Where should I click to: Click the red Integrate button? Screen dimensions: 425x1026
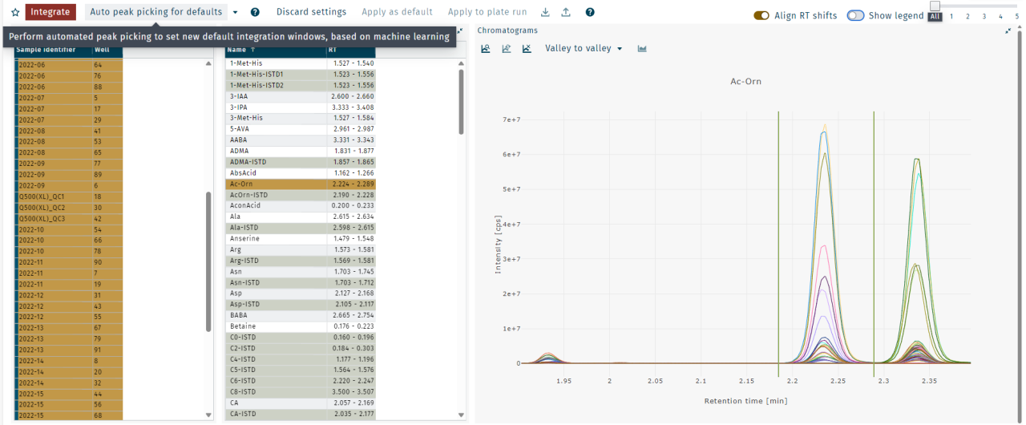(50, 12)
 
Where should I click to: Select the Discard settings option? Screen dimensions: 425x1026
(311, 12)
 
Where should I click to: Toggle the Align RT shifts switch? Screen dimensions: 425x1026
(761, 16)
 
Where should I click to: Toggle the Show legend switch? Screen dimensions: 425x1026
(855, 16)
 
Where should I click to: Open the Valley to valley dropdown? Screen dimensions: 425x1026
(584, 49)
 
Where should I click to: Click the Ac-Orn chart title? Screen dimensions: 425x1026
(745, 82)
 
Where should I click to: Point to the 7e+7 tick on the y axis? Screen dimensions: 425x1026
(511, 120)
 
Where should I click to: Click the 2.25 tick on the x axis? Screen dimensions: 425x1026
(838, 381)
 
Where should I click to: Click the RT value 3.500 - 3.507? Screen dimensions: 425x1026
(353, 392)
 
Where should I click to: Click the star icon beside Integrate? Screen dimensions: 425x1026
(14, 13)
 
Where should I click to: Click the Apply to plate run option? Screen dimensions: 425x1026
(487, 12)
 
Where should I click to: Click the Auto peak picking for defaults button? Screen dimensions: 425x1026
(156, 12)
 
